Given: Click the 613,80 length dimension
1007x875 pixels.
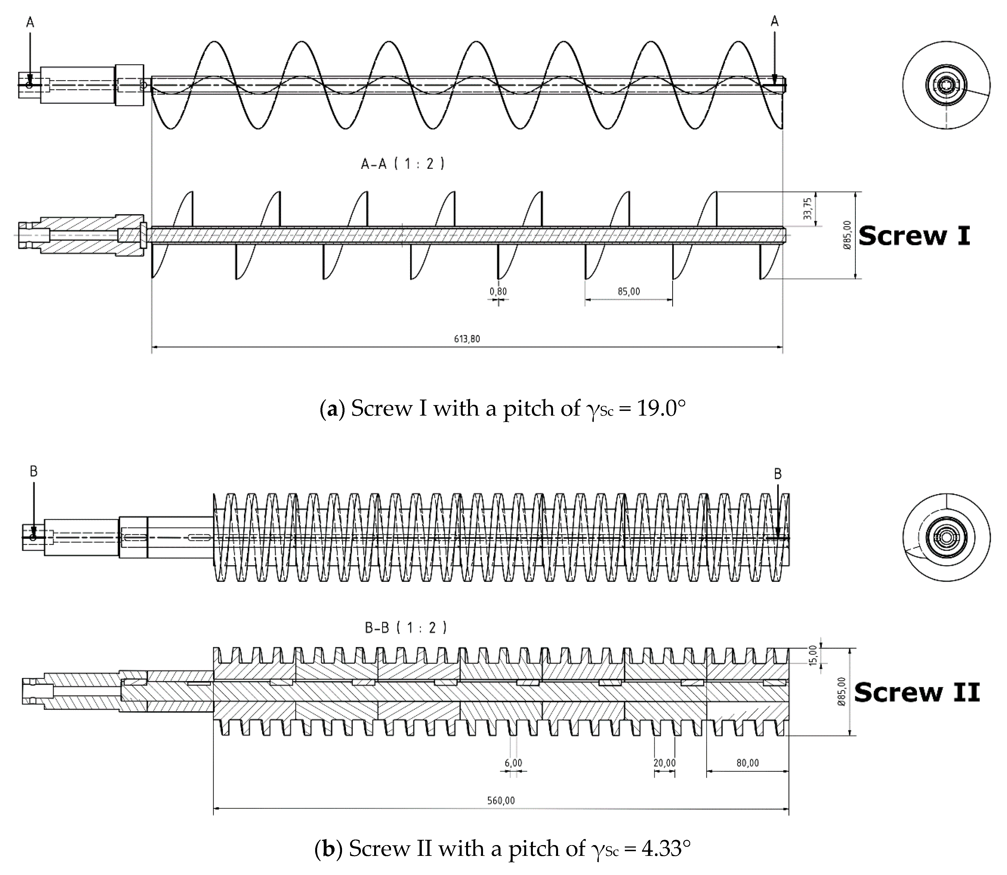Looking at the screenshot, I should point(467,339).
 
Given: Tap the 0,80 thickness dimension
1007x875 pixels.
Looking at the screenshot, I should point(498,291).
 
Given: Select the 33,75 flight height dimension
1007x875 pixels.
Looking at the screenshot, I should point(808,208).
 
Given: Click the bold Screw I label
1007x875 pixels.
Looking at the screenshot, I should point(914,236).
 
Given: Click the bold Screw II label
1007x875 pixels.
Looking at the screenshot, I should point(916,692).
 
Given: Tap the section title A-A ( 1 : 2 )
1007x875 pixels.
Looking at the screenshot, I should point(403,164).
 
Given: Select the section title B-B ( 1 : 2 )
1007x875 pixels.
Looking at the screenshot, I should point(406,628).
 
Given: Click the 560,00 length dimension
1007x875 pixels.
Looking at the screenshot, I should point(501,800).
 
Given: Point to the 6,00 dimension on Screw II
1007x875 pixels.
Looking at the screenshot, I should point(513,763).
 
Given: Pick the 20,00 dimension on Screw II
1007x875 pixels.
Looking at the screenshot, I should point(664,763).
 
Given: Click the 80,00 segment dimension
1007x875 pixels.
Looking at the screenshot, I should point(747,763).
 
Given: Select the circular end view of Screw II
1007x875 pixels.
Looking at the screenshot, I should point(946,537).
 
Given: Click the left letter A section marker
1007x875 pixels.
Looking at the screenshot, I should point(30,22).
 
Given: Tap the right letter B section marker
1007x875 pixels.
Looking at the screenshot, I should point(778,474).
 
